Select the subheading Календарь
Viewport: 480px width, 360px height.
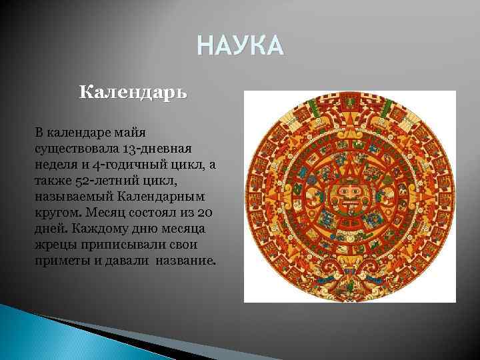133,91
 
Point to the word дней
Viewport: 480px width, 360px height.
49,229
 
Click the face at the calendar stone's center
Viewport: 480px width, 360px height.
349,197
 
